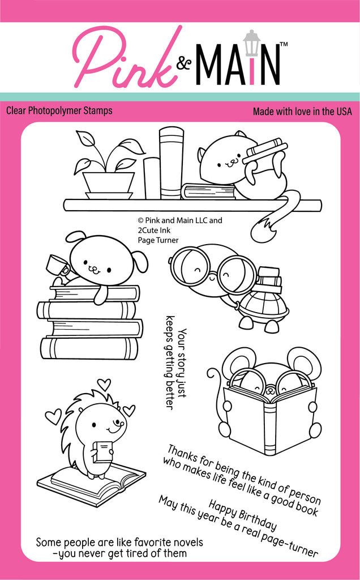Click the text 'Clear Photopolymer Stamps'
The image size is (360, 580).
[x=59, y=110]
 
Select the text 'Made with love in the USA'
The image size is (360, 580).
[x=302, y=112]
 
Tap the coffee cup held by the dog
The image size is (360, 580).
[x=57, y=266]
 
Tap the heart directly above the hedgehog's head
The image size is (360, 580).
[x=104, y=384]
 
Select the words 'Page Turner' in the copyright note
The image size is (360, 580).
[x=158, y=240]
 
